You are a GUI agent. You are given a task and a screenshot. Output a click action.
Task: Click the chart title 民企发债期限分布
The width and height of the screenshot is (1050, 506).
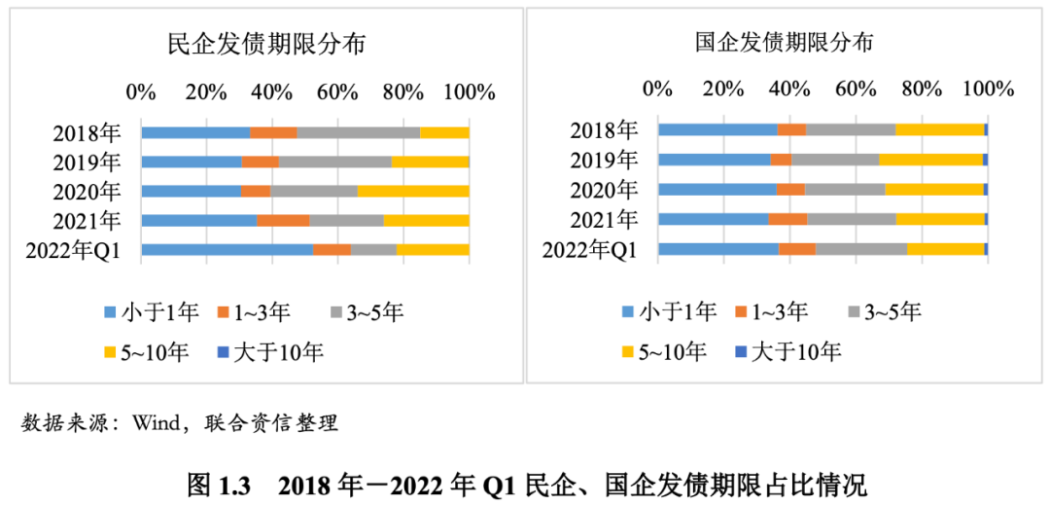pyautogui.click(x=267, y=44)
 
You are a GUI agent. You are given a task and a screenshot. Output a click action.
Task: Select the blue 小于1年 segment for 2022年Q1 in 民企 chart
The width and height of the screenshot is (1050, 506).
pyautogui.click(x=227, y=250)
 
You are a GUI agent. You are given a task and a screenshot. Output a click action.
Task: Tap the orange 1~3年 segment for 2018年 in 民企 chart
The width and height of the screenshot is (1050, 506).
pyautogui.click(x=273, y=132)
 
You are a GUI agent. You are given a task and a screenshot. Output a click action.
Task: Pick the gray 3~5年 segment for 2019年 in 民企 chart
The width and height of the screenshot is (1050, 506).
pyautogui.click(x=335, y=162)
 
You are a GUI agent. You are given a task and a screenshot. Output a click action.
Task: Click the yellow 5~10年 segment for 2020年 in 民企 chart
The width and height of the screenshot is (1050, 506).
pyautogui.click(x=413, y=191)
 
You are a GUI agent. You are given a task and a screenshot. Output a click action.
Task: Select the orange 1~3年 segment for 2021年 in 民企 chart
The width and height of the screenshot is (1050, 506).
pyautogui.click(x=283, y=220)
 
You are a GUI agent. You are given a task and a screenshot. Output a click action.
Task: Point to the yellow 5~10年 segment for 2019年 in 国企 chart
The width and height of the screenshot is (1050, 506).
pyautogui.click(x=931, y=159)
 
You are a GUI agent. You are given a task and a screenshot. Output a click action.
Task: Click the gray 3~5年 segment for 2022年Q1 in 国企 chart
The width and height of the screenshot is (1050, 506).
pyautogui.click(x=861, y=249)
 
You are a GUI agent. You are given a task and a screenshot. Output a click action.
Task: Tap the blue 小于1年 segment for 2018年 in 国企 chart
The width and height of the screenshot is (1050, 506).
pyautogui.click(x=717, y=129)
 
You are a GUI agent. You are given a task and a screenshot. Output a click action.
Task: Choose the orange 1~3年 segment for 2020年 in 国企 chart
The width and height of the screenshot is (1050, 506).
pyautogui.click(x=790, y=189)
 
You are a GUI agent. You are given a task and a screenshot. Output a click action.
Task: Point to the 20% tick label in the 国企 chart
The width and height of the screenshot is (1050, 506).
pyautogui.click(x=723, y=89)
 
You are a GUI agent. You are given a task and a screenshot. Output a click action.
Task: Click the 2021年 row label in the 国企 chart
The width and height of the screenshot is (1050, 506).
pyautogui.click(x=604, y=219)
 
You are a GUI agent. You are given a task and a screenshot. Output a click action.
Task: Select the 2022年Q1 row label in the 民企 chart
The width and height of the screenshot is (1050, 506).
pyautogui.click(x=73, y=250)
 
